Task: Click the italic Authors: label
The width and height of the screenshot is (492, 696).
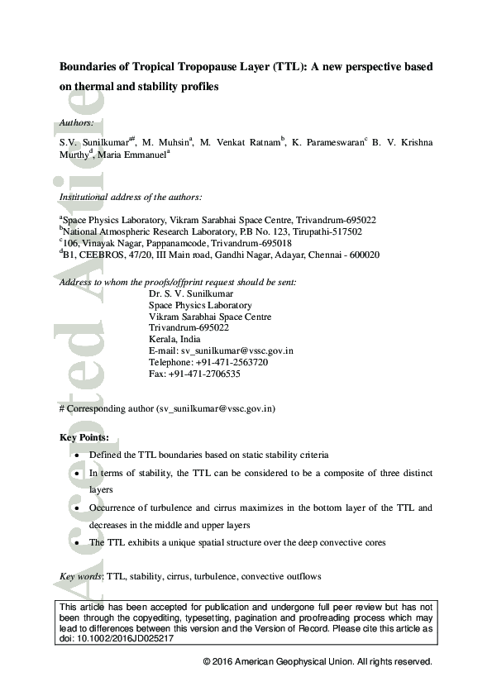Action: pos(77,123)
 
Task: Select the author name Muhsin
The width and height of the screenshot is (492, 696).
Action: pos(172,142)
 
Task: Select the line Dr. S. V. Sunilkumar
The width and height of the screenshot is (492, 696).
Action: pos(190,293)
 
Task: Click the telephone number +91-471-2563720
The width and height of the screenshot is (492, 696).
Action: pos(231,362)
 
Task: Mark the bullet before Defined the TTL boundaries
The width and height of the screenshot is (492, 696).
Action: pos(77,455)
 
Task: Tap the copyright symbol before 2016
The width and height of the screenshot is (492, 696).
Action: pos(207,662)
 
